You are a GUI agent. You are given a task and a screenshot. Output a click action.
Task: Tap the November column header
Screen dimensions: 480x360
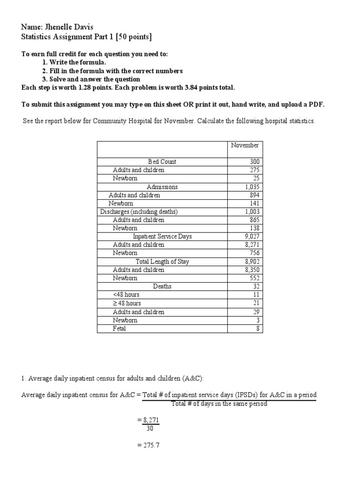tap(245, 145)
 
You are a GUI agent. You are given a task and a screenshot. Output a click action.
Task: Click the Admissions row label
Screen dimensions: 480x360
tap(162, 187)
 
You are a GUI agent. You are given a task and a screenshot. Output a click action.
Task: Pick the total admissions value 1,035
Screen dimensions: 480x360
tap(249, 187)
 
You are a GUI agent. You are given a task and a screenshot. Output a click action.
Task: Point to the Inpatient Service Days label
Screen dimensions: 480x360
tap(162, 236)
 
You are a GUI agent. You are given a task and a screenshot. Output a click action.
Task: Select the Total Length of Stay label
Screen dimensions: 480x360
tap(162, 262)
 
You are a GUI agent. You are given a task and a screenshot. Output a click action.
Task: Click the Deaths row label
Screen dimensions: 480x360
tap(162, 286)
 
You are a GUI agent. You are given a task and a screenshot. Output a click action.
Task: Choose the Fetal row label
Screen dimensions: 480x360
tap(120, 329)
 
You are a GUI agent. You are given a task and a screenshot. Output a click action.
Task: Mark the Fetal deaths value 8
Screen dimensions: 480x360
tap(257, 329)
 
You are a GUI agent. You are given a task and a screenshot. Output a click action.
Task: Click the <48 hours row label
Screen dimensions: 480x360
tap(126, 295)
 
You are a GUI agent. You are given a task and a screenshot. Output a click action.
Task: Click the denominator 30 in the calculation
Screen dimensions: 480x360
tap(150, 428)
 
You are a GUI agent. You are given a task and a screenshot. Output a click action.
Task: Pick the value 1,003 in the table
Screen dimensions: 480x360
tap(249, 212)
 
